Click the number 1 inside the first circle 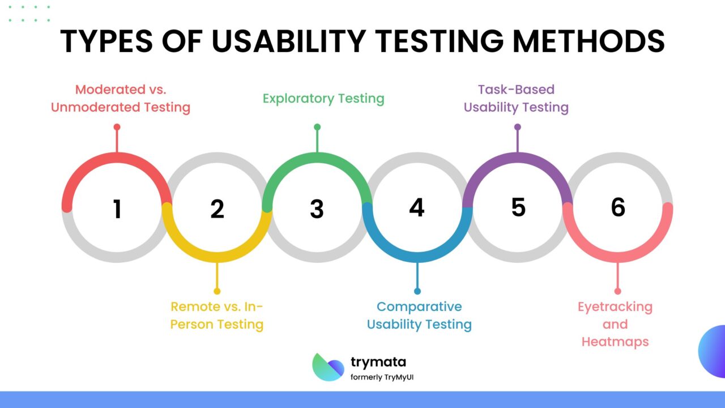[117, 209]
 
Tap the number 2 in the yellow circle [217, 209]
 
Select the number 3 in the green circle [317, 209]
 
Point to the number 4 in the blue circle [416, 208]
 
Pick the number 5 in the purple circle [518, 208]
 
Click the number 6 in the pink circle [617, 208]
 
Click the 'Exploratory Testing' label [323, 99]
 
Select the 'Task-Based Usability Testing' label [516, 99]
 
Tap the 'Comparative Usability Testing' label [419, 316]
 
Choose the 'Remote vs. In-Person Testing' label [217, 316]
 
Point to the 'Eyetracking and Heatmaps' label [615, 324]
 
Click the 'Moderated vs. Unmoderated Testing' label [121, 99]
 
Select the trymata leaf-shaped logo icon [328, 367]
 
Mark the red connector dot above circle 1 [117, 127]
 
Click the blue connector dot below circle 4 [417, 291]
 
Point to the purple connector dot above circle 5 [517, 127]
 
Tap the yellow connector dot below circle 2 [216, 291]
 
